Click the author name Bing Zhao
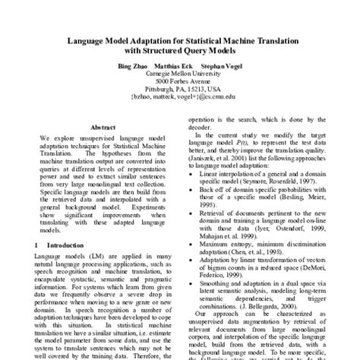(132, 66)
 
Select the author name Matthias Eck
(176, 66)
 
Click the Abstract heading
(102, 128)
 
